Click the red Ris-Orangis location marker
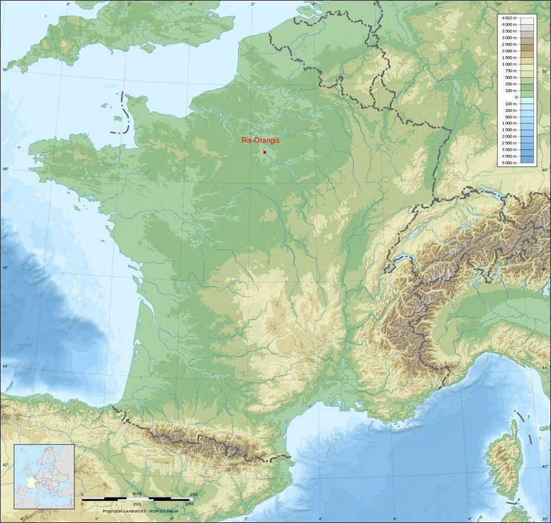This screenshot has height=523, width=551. tap(264, 152)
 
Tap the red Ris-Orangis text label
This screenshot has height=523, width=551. tap(260, 141)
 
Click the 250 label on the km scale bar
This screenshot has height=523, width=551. tap(193, 495)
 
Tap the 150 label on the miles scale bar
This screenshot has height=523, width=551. tap(189, 503)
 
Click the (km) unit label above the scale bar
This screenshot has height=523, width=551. tap(137, 495)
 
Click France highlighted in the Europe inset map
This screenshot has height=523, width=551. tap(28, 482)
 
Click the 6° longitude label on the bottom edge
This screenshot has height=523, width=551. tap(395, 519)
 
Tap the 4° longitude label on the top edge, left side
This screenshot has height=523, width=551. tap(68, 4)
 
